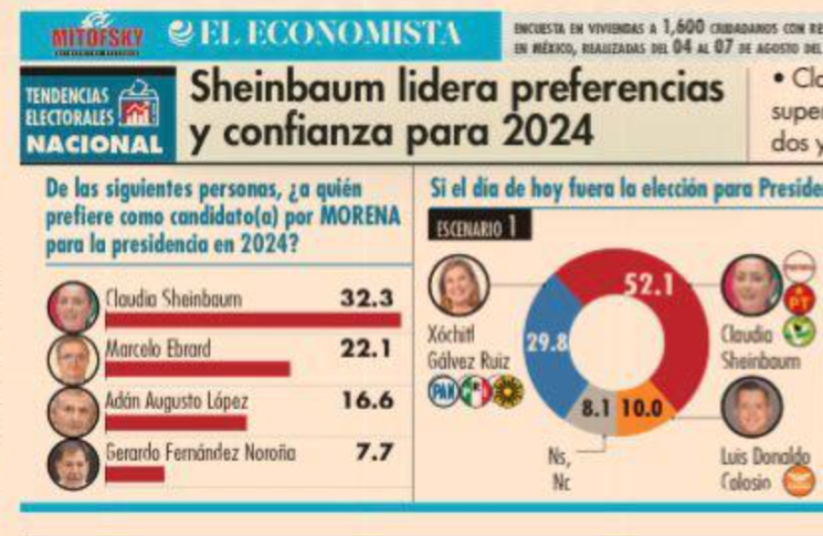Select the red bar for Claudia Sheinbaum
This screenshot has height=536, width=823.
point(253,319)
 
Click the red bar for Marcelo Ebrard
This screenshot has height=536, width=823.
point(198,368)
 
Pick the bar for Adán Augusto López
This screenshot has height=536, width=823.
point(176,422)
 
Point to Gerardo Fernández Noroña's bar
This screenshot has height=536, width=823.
point(135,473)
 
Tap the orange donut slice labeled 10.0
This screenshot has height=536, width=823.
point(644,410)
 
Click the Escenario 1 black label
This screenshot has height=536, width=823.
point(478,227)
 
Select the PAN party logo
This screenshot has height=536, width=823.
point(442,391)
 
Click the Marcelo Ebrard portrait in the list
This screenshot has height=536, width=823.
point(73,360)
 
